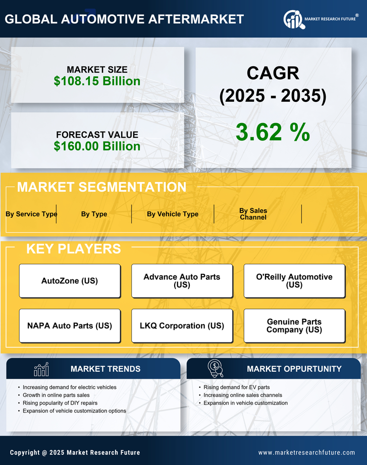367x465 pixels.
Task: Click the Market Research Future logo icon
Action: click(293, 19)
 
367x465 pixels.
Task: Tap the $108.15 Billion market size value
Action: click(97, 81)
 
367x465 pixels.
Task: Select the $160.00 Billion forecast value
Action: click(97, 146)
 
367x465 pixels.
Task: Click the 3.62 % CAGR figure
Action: click(273, 132)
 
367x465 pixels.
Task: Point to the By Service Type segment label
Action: click(31, 214)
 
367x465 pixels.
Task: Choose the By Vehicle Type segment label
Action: click(173, 214)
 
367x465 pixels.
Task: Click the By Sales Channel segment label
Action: click(253, 214)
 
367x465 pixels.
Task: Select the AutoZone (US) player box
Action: click(70, 281)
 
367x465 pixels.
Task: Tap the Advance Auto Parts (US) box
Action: click(182, 281)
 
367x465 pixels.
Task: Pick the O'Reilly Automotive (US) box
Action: click(294, 281)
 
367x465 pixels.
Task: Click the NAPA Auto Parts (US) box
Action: click(70, 326)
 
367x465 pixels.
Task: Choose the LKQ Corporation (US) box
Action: click(182, 326)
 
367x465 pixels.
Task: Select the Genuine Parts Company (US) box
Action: click(294, 326)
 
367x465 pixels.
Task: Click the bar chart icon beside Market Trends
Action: click(41, 369)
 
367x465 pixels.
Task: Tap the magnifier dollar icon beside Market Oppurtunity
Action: click(216, 369)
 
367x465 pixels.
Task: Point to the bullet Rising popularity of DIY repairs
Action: click(60, 403)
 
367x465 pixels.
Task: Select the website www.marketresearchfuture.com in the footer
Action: click(306, 452)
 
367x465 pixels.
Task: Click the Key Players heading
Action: click(73, 249)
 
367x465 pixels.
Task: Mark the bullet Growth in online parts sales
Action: click(56, 395)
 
